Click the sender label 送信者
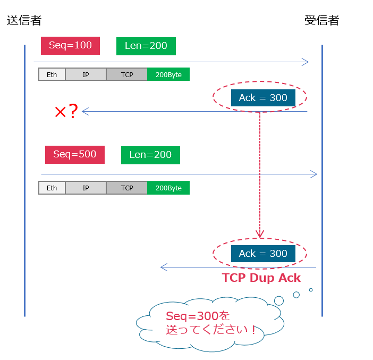24,21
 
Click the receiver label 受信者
321,21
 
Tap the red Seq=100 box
70,46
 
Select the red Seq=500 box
75,155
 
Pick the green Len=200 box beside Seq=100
146,46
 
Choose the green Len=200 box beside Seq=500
150,155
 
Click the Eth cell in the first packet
52,74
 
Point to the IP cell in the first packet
86,74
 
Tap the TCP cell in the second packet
127,188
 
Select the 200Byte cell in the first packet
168,74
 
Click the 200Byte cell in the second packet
168,188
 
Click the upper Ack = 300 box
263,98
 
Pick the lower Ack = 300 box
263,254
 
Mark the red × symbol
60,112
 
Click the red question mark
73,111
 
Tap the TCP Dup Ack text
261,278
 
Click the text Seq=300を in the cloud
198,316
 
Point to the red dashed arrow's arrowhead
260,234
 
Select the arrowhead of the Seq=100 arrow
305,62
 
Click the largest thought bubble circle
279,300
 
